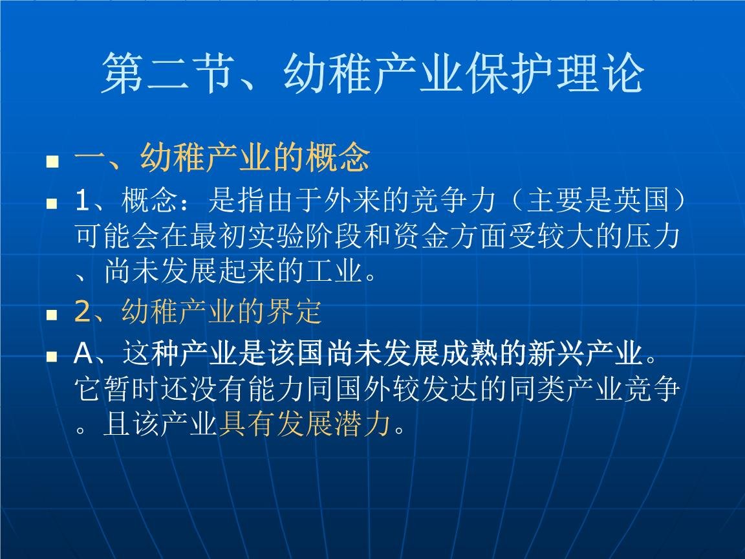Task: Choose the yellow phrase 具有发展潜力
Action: click(305, 425)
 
